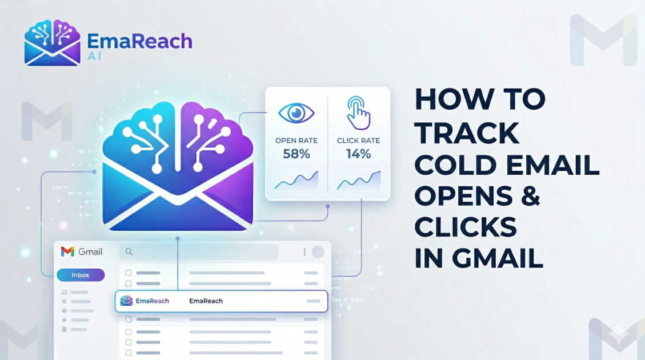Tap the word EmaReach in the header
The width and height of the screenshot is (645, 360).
point(139,41)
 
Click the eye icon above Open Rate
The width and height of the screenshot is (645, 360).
point(296,113)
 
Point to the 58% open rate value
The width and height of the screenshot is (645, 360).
point(296,154)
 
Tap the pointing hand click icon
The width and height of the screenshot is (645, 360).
point(358,113)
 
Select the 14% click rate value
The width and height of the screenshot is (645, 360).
point(358,154)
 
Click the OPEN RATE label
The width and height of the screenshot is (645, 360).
point(296,141)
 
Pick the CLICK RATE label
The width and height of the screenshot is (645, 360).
point(358,141)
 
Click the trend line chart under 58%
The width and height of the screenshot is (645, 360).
point(296,181)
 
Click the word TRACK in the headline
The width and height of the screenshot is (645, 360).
point(467,133)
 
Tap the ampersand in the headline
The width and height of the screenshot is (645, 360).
point(530,195)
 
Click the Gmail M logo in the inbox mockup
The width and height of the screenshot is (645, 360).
point(67,251)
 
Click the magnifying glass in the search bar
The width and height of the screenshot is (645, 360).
point(129,251)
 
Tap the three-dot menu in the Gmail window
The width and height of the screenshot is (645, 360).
point(305,251)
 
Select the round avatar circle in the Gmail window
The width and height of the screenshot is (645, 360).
point(318,251)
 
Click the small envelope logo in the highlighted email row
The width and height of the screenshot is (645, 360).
point(126,301)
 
